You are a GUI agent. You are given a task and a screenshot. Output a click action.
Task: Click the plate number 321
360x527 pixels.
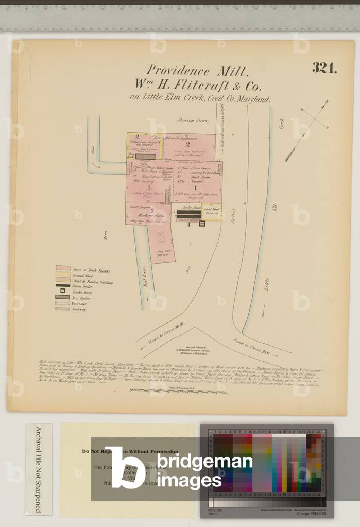click(x=324, y=69)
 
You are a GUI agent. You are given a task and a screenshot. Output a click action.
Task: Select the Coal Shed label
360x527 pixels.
click(x=212, y=209)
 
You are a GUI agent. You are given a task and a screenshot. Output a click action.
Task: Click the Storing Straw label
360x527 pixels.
click(x=193, y=121)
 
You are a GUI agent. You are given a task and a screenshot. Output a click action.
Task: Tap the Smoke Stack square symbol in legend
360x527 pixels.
click(x=63, y=292)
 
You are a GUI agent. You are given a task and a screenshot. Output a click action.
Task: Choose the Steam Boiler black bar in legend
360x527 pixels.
click(x=63, y=285)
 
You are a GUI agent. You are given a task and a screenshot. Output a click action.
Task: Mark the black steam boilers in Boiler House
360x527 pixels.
click(x=188, y=215)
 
